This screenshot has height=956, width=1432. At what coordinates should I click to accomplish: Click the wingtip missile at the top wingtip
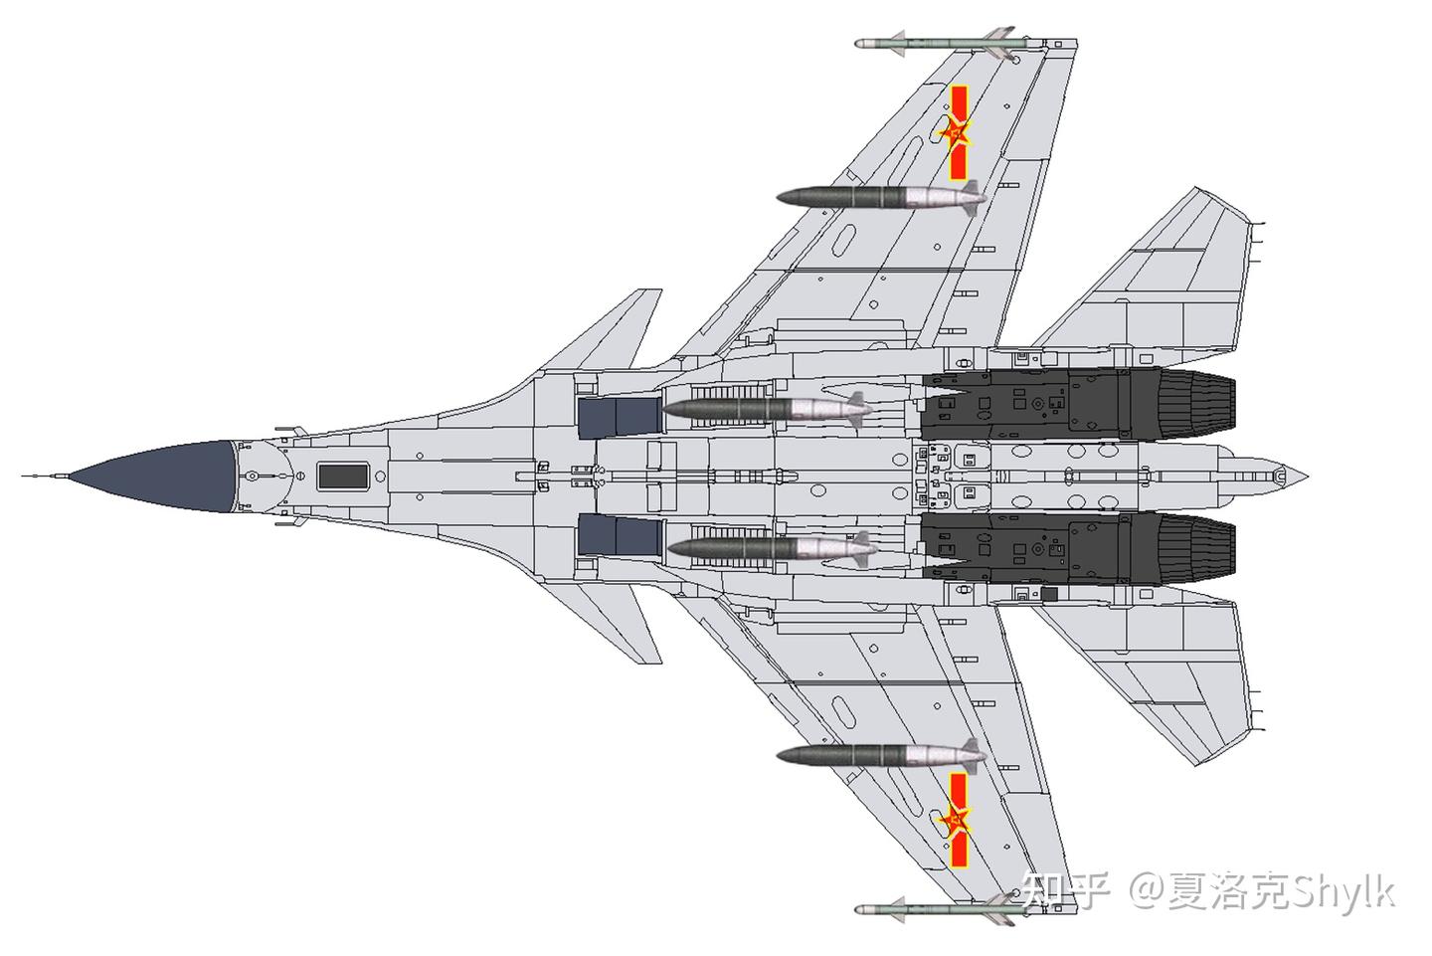tap(935, 44)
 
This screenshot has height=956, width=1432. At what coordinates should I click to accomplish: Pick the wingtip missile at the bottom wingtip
tap(935, 910)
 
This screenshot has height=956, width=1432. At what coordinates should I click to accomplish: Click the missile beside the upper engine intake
tap(766, 408)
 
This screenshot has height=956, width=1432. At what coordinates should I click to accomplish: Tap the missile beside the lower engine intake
tap(766, 548)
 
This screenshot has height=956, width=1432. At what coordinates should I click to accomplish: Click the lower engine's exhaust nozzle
tap(1193, 545)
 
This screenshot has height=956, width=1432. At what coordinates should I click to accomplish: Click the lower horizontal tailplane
tap(1163, 667)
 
